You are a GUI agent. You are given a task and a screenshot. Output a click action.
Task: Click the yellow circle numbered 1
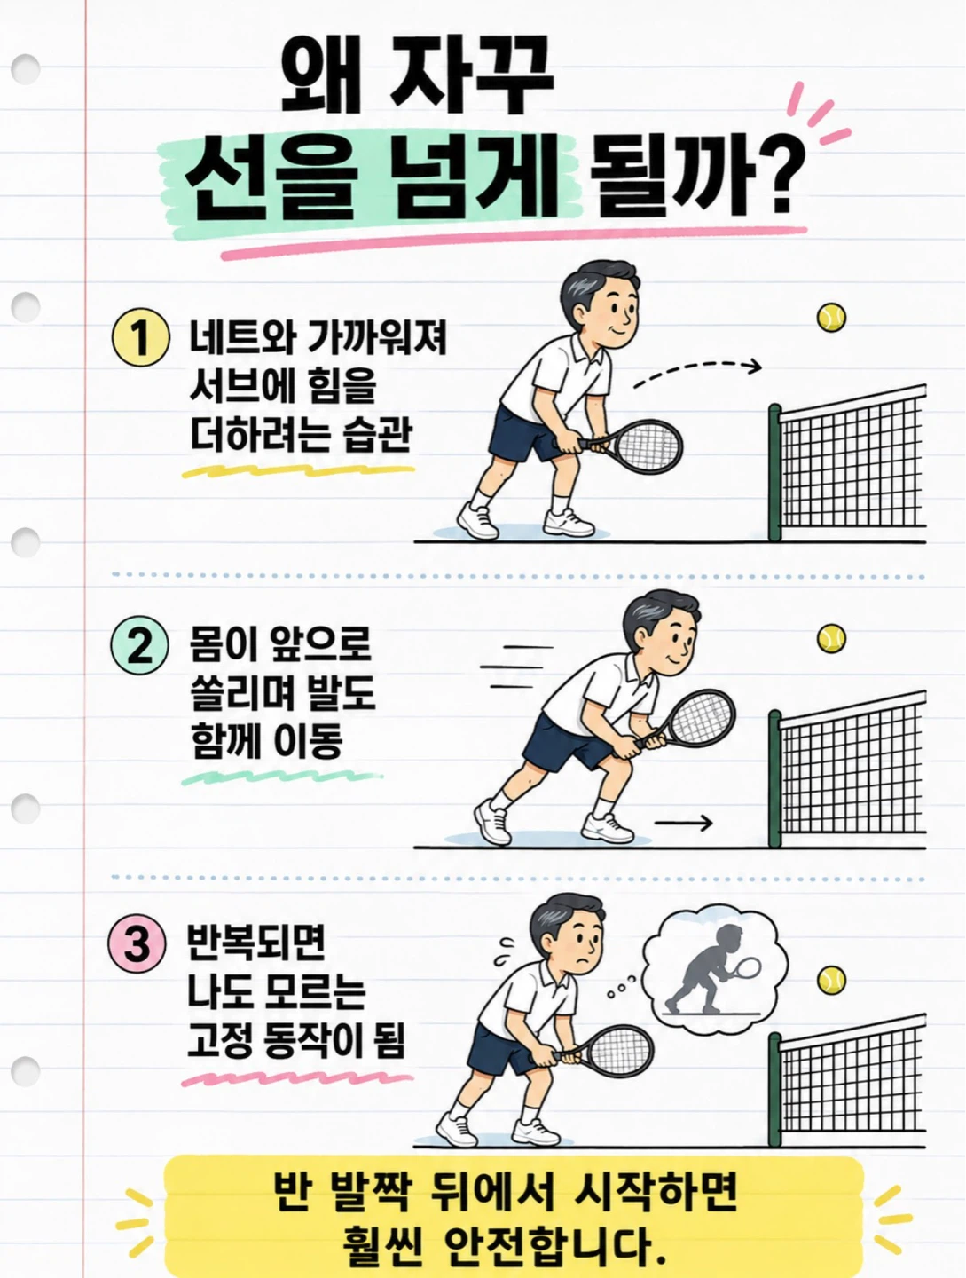pyautogui.click(x=140, y=337)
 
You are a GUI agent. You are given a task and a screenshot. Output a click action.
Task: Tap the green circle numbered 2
pyautogui.click(x=139, y=645)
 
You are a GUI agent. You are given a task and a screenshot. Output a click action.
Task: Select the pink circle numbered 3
pyautogui.click(x=137, y=943)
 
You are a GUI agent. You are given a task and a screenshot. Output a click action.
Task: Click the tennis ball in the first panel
pyautogui.click(x=831, y=318)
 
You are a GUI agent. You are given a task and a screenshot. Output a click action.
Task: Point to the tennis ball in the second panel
pyautogui.click(x=831, y=638)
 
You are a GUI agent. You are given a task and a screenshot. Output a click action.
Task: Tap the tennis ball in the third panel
pyautogui.click(x=831, y=980)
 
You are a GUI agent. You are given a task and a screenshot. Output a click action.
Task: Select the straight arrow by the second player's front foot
pyautogui.click(x=683, y=823)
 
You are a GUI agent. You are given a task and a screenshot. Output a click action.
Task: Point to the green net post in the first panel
pyautogui.click(x=774, y=472)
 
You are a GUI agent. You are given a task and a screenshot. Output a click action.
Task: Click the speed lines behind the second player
pyautogui.click(x=515, y=667)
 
